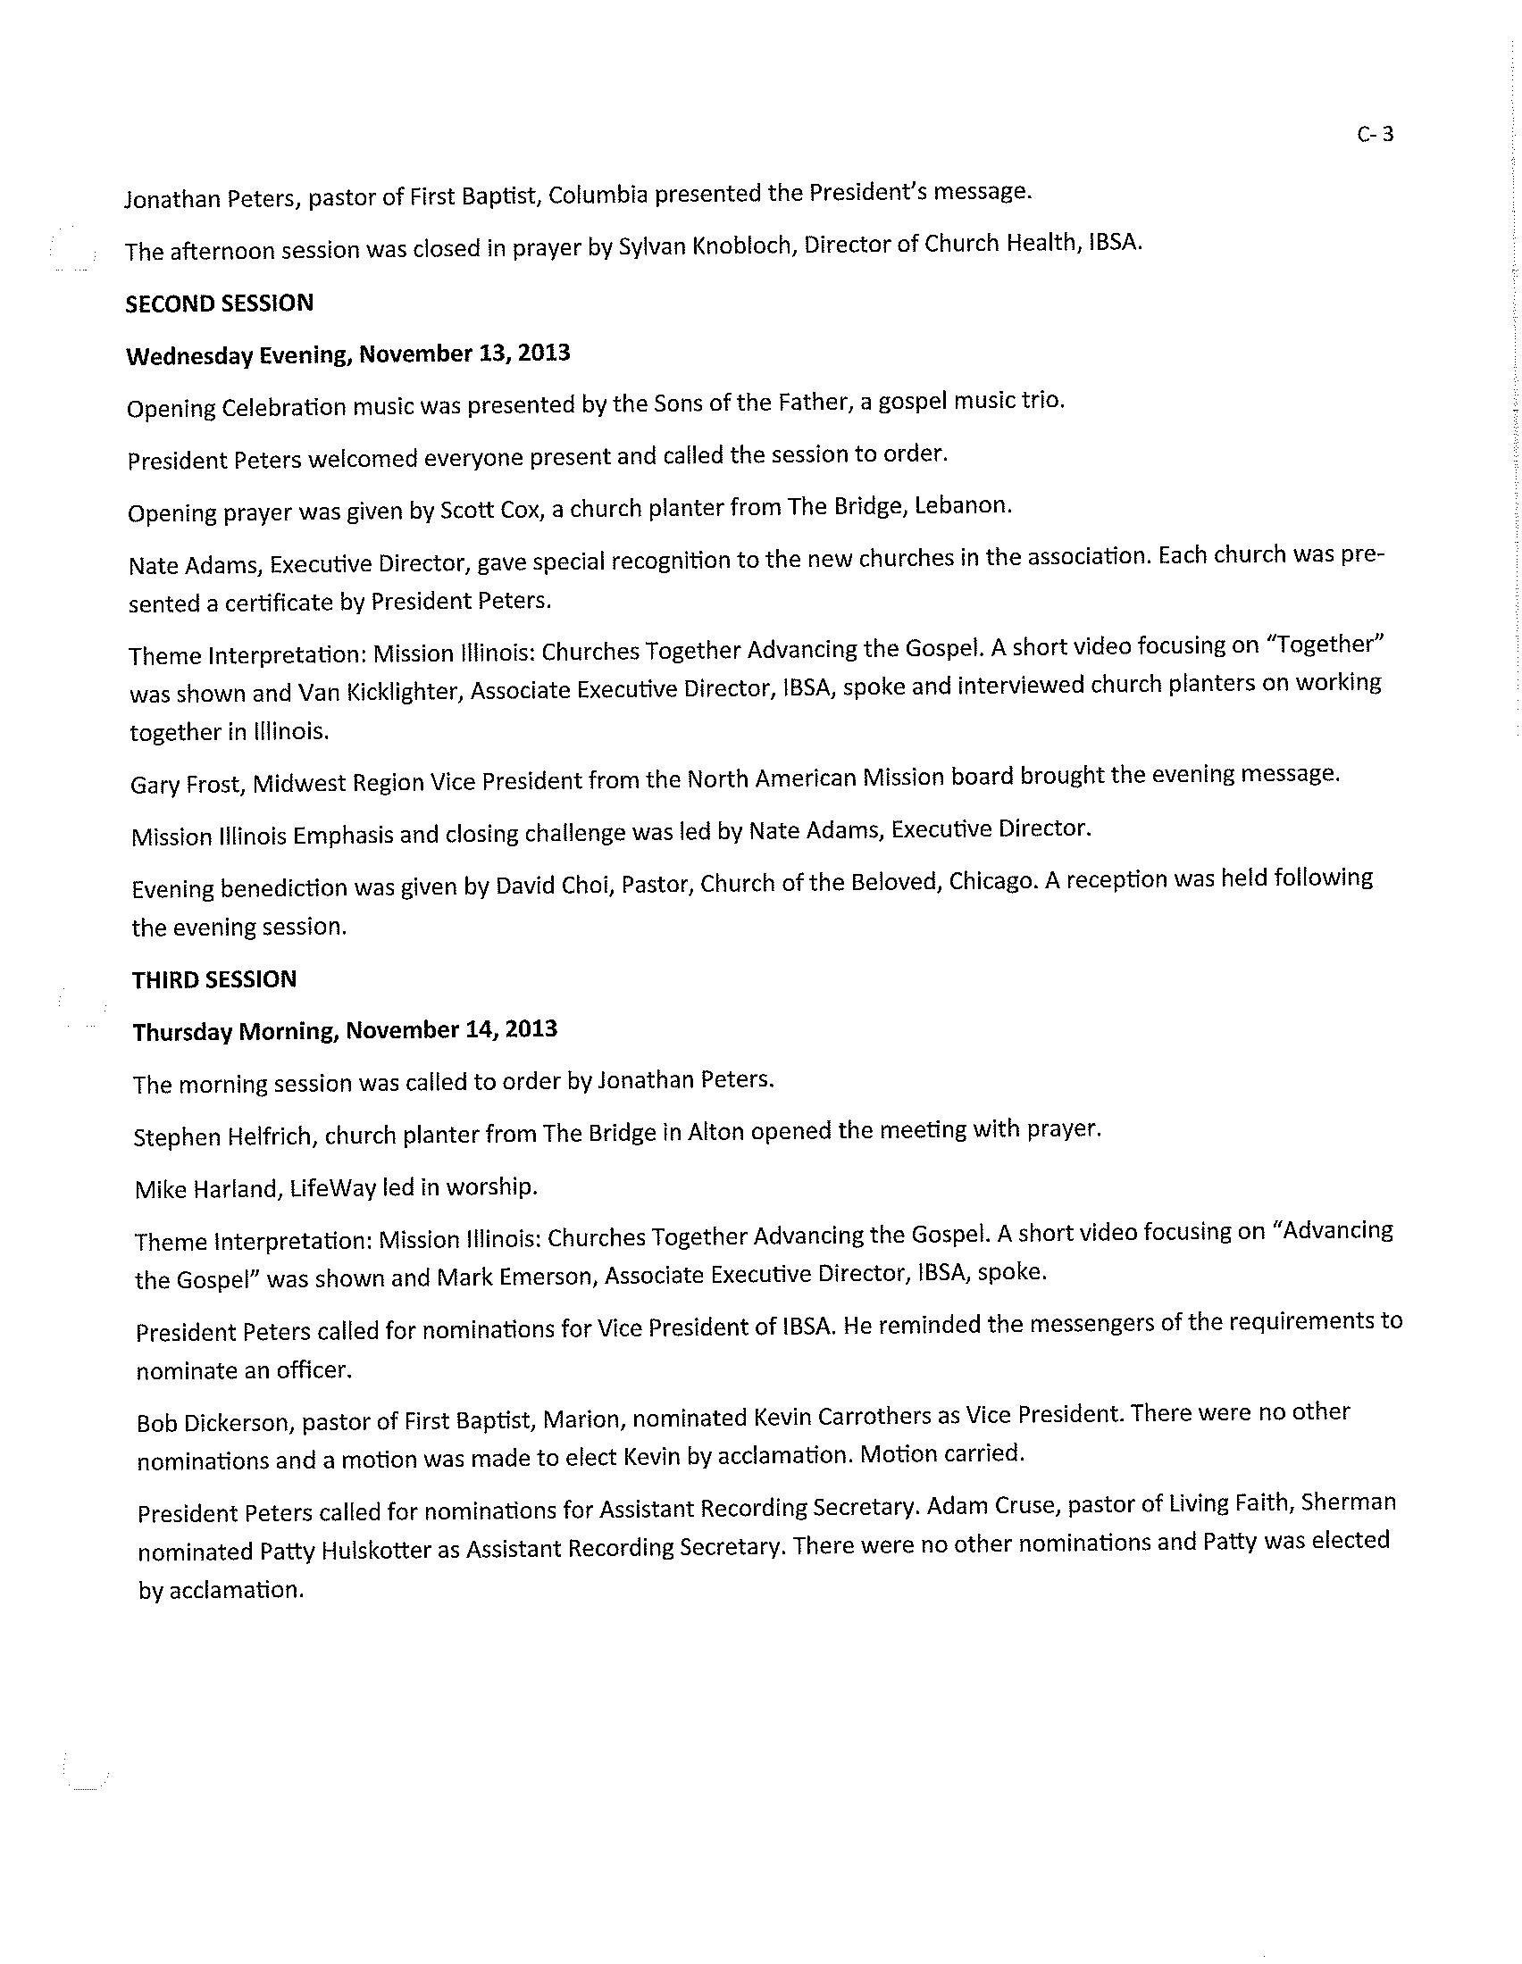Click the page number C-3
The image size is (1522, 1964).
(x=1376, y=135)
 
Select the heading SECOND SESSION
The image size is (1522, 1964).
(x=220, y=303)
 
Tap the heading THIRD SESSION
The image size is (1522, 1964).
(x=214, y=979)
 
